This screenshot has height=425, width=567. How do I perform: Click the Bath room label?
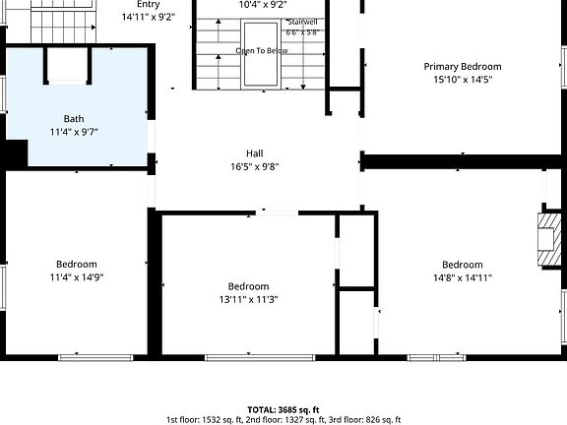(74, 118)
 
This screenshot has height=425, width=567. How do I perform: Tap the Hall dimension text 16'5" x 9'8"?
(255, 166)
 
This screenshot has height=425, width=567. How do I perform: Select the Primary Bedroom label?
(463, 67)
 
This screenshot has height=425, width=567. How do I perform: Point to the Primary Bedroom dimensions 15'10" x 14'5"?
(463, 79)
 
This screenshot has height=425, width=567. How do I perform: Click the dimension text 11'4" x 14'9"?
(77, 277)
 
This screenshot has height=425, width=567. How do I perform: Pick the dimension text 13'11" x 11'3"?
(248, 300)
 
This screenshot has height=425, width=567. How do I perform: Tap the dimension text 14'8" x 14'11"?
(463, 277)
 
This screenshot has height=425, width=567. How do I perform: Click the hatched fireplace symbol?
(549, 240)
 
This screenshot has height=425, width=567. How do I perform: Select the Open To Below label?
(262, 50)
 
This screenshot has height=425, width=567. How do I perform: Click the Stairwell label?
(302, 22)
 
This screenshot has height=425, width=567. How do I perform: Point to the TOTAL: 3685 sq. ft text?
(283, 410)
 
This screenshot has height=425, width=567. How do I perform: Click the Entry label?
(149, 5)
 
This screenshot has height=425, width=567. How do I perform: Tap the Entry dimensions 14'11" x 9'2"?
(149, 17)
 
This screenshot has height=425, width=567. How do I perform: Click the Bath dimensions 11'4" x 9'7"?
(74, 132)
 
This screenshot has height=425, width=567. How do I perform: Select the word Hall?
(255, 153)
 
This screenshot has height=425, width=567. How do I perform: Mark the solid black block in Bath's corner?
(17, 153)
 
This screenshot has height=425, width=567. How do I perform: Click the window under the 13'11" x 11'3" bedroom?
(260, 358)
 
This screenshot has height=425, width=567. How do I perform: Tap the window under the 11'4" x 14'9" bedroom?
(95, 358)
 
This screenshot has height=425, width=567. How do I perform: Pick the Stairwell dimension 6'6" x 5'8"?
(302, 32)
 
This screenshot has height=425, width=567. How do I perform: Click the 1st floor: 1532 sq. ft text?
(205, 420)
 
